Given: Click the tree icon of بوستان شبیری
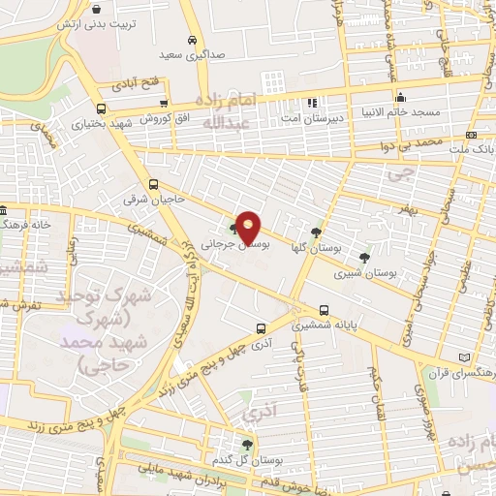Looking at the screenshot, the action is pyautogui.click(x=363, y=258).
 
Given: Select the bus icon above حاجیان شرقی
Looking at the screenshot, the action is pyautogui.click(x=153, y=184).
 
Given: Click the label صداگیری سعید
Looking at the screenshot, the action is pyautogui.click(x=192, y=55).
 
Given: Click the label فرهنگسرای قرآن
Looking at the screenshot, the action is pyautogui.click(x=460, y=372).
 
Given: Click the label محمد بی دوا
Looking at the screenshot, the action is pyautogui.click(x=440, y=142).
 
